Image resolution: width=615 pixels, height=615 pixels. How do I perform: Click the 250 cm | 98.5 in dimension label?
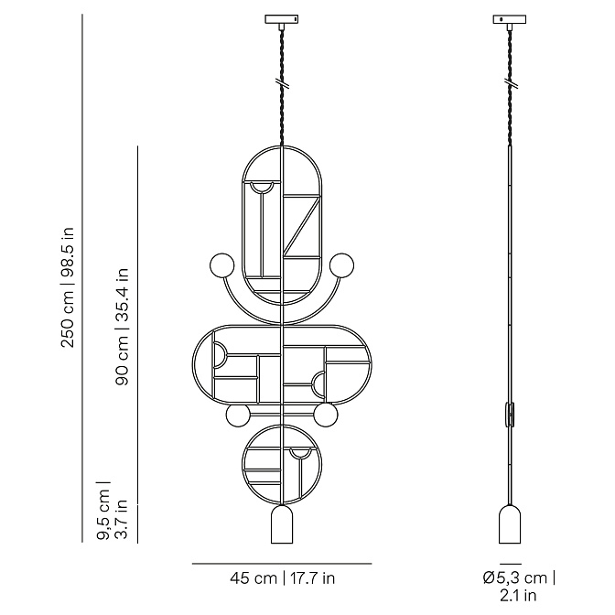coord(68,287)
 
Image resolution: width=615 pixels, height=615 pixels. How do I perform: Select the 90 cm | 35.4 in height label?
coord(122,327)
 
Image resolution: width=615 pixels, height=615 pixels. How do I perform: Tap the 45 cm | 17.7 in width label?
coord(283,578)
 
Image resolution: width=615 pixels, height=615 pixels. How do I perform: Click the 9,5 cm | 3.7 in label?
coord(113,511)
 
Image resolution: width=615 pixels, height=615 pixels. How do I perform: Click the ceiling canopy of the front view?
coord(282,19)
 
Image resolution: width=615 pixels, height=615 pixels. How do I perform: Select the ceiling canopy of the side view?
coord(510,19)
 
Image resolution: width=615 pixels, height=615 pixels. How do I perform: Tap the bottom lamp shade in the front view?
coord(282,524)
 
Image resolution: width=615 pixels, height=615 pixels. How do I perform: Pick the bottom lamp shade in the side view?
coord(510,524)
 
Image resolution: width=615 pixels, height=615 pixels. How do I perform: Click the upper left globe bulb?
coord(222,265)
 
